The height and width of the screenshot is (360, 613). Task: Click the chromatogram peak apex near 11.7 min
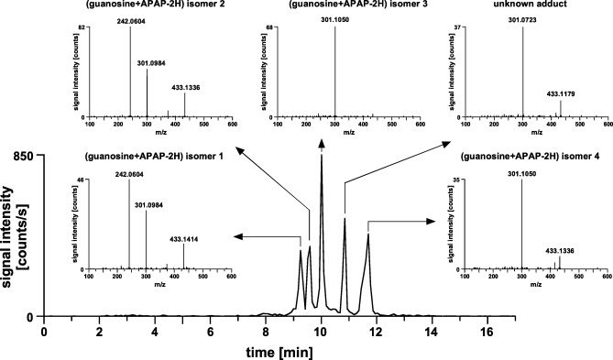coord(368,235)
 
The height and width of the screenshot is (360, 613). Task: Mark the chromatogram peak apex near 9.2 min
coord(301,250)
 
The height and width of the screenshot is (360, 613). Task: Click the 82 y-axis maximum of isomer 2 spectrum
coord(81,27)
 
